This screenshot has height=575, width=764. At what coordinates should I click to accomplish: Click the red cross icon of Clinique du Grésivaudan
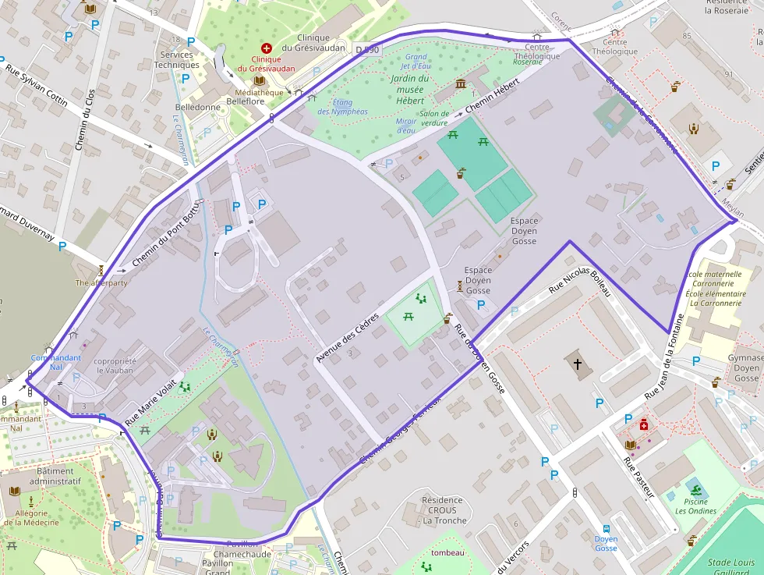266,48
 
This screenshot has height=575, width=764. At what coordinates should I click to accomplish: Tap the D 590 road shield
366,50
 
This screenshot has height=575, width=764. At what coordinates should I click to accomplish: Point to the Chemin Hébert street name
492,99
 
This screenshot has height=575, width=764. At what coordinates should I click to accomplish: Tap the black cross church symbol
578,364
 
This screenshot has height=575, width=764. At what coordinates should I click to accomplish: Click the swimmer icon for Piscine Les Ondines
695,489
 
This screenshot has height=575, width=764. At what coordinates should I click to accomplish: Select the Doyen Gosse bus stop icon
606,527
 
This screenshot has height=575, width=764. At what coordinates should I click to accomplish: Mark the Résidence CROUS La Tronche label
443,510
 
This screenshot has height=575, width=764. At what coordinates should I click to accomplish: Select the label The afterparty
101,282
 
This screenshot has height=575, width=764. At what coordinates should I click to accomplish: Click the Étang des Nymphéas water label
342,107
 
